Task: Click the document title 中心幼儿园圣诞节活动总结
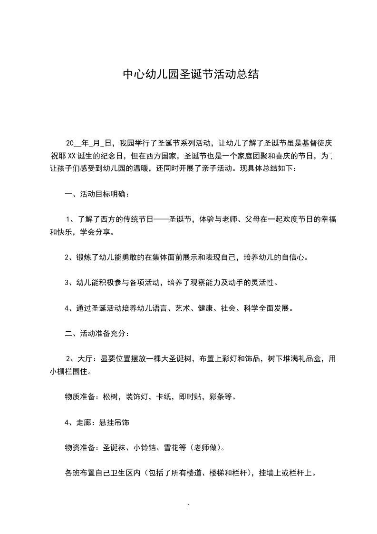(191, 75)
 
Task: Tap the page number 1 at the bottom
(189, 507)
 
